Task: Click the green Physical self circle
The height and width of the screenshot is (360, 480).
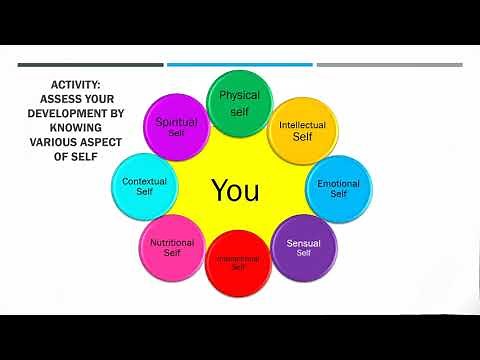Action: tap(239, 101)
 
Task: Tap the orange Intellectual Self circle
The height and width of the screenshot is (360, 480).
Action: tap(302, 130)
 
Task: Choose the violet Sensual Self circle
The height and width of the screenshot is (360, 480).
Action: tap(304, 246)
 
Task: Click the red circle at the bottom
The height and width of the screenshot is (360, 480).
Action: tap(238, 264)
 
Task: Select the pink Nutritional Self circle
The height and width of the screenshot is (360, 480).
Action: tap(172, 246)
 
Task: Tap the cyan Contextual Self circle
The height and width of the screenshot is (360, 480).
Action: tap(144, 186)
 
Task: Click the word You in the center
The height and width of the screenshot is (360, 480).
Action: tap(236, 190)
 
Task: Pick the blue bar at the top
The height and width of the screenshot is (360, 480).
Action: tap(239, 65)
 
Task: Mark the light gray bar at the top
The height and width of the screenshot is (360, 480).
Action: tap(389, 65)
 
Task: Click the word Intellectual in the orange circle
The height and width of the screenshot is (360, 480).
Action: tap(302, 125)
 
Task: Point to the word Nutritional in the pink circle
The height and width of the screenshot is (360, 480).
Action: tap(172, 242)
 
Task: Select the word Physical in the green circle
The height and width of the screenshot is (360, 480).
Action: tap(239, 96)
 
